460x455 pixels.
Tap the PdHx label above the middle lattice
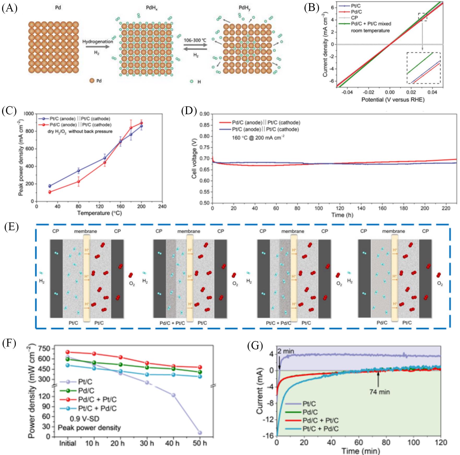pyautogui.click(x=152, y=8)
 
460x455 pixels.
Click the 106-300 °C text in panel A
pyautogui.click(x=195, y=40)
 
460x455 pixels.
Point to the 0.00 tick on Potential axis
pyautogui.click(x=390, y=92)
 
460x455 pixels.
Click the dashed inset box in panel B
pyautogui.click(x=423, y=68)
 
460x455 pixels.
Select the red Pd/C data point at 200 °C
pyautogui.click(x=141, y=123)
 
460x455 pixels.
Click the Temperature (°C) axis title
pyautogui.click(x=99, y=213)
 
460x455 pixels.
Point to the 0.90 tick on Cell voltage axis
pyautogui.click(x=204, y=114)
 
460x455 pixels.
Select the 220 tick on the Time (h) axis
pyautogui.click(x=446, y=208)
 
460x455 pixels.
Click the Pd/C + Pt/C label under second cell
pyautogui.click(x=172, y=323)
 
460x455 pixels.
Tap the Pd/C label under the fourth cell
pyautogui.click(x=382, y=323)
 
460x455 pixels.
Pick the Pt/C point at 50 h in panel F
pyautogui.click(x=200, y=433)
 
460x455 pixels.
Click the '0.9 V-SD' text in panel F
pyautogui.click(x=85, y=419)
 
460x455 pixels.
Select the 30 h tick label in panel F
pyautogui.click(x=147, y=443)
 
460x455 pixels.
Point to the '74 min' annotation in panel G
pyautogui.click(x=380, y=392)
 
